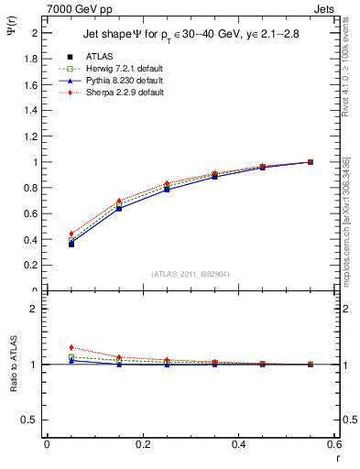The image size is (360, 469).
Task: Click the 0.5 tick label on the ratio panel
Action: (30, 420)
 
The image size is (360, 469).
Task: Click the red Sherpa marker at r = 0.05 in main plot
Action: (71, 234)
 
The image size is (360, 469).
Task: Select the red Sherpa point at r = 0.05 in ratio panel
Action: (71, 347)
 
